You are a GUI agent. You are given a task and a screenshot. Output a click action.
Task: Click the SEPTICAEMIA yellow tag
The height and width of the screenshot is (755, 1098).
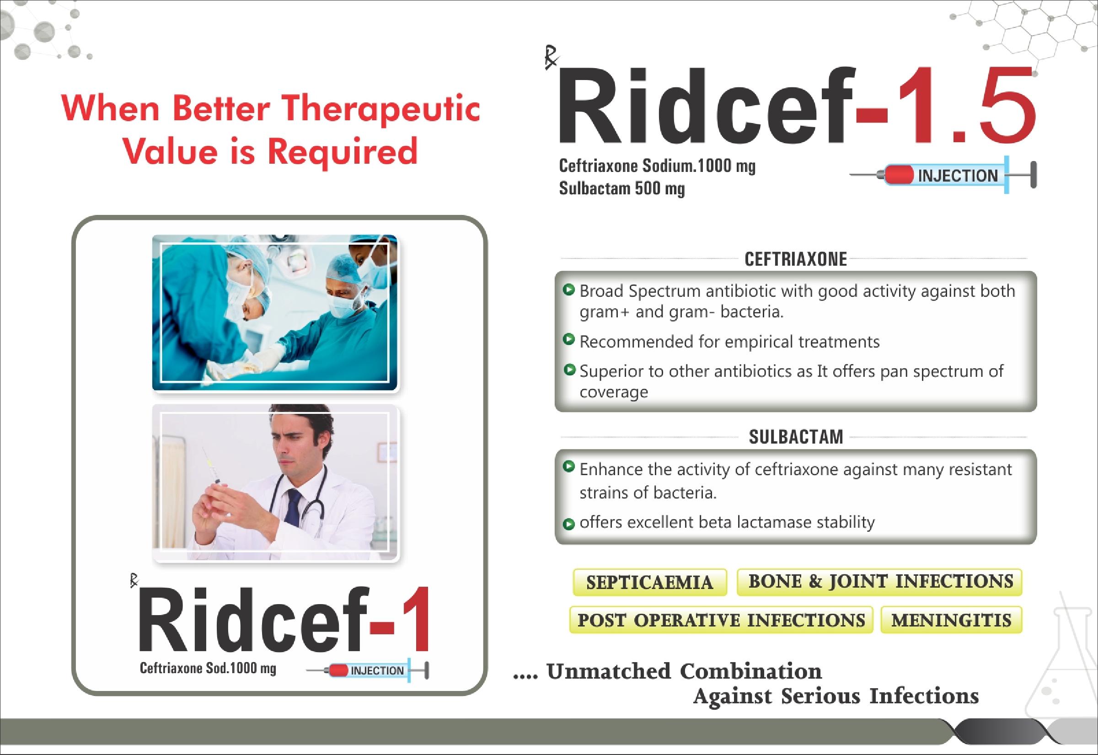coord(649,582)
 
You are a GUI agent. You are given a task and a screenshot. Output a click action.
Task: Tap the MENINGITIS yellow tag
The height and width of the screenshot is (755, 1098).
coord(951,620)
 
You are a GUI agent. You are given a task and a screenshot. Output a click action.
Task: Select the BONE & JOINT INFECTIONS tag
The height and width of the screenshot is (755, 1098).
coord(880,581)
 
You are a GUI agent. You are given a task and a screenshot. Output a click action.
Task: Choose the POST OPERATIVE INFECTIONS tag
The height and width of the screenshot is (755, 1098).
coord(721,620)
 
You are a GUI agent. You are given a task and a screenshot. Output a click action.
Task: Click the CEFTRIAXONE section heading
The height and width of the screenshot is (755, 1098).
coord(796,259)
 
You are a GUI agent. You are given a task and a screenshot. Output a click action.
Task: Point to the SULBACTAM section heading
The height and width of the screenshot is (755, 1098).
coord(796,437)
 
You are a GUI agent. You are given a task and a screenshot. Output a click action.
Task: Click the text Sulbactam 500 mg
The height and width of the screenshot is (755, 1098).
coord(621,189)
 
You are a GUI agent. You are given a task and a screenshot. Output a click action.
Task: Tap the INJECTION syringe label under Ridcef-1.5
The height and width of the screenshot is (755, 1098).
coord(958,176)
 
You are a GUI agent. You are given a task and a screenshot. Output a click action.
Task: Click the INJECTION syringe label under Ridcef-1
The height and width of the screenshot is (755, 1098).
coord(377,670)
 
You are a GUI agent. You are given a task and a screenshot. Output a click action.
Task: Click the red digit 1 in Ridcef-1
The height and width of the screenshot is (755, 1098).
coord(418,620)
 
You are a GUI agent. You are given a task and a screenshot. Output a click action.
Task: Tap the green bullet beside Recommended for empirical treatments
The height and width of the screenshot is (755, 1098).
coord(569,339)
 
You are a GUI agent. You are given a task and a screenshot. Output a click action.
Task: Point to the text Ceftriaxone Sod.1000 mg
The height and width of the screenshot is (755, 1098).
coord(208,668)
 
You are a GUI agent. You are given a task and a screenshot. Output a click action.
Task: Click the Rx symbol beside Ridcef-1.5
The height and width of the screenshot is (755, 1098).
coord(552,61)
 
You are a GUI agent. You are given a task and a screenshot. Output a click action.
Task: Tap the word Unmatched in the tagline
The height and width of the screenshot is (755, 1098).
coord(608,671)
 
